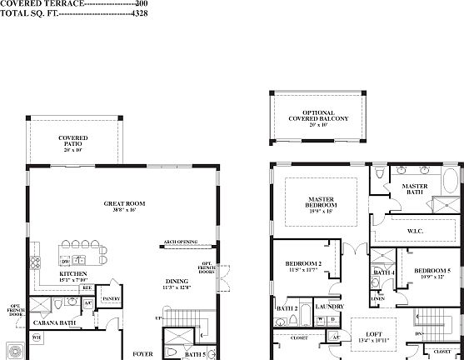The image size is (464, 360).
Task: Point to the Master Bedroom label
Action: coord(322,202)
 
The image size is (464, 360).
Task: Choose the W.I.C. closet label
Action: coord(417,230)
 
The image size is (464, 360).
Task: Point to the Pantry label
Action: coord(111,298)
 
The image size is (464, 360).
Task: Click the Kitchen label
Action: coord(72,274)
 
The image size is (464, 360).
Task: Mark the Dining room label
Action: coord(177,281)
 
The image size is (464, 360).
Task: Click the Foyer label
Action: coord(143,353)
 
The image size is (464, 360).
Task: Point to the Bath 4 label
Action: coord(383,273)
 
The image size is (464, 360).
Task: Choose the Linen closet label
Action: coord(377,297)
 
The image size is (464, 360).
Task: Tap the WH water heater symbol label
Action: coord(37,337)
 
